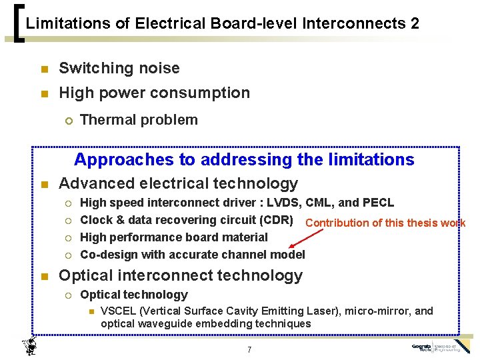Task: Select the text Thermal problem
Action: tap(139, 120)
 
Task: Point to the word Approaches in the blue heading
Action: tap(113, 160)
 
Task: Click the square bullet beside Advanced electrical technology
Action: tap(44, 185)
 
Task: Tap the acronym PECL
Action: tap(379, 203)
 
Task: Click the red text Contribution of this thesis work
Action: tap(385, 223)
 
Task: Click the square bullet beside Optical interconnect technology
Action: tap(44, 277)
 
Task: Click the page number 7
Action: tap(248, 349)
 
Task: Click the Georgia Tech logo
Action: tap(441, 348)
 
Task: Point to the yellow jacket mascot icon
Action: tap(29, 345)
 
